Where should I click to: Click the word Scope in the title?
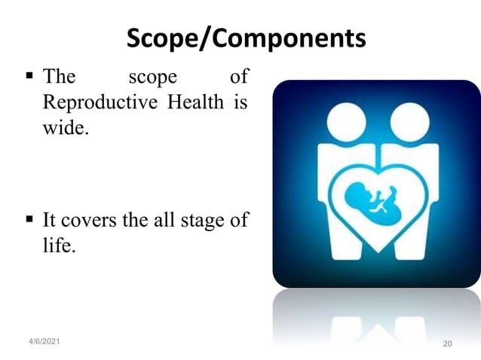[161, 38]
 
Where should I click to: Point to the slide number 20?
[447, 343]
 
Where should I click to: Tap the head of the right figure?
[410, 121]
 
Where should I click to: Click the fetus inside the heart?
[369, 200]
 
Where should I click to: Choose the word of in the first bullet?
[238, 77]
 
